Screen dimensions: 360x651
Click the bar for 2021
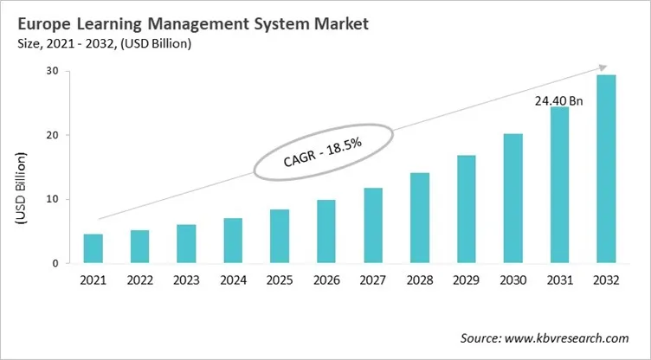click(93, 248)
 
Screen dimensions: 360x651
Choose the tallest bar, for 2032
click(606, 169)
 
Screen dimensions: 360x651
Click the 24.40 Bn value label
click(558, 100)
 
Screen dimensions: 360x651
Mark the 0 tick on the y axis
click(55, 263)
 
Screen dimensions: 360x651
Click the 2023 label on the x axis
click(186, 280)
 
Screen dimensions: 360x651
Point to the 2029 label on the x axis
click(467, 280)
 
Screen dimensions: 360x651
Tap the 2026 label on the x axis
click(326, 280)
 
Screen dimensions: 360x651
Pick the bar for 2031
click(559, 185)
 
